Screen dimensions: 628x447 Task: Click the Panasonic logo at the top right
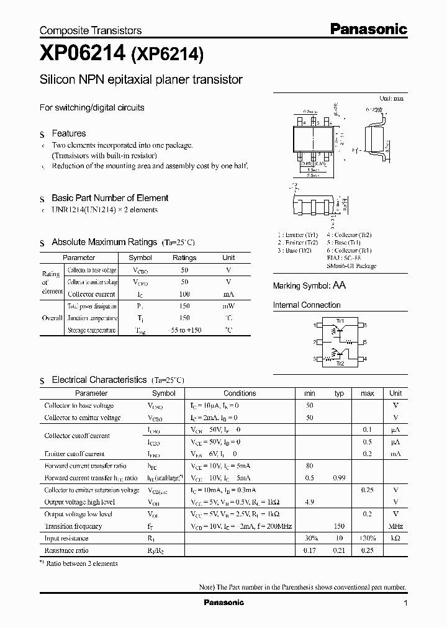click(x=368, y=29)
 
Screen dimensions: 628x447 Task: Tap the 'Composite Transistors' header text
click(x=91, y=30)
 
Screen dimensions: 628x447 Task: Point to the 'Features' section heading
click(x=68, y=133)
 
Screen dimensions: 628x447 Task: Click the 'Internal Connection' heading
click(x=307, y=305)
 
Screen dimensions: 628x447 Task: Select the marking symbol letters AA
click(x=339, y=286)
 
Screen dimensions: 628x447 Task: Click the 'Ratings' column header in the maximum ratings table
click(x=184, y=258)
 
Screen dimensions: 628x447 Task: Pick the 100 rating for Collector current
click(x=184, y=294)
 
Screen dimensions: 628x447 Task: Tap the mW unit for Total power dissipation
click(x=228, y=306)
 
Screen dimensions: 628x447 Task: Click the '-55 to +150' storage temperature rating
click(x=184, y=331)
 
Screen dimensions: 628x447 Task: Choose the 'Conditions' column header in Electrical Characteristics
click(x=240, y=393)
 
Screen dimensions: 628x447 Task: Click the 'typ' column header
click(x=339, y=393)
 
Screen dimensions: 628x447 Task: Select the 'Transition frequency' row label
click(x=73, y=526)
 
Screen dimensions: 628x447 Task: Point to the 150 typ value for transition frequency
click(x=339, y=526)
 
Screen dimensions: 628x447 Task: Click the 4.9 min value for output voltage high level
click(x=309, y=502)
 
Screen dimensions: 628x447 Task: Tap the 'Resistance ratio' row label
click(x=66, y=550)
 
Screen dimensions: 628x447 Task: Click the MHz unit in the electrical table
click(x=395, y=526)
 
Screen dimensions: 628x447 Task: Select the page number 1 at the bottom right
click(x=405, y=603)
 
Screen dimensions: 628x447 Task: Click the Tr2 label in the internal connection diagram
click(x=340, y=363)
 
